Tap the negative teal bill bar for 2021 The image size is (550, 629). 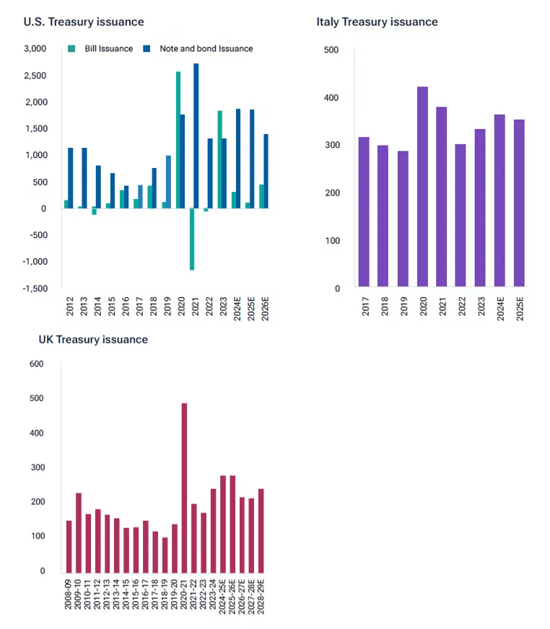click(192, 239)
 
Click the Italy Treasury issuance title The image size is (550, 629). click(377, 22)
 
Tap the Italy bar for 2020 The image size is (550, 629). click(422, 188)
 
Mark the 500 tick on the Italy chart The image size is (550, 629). click(331, 49)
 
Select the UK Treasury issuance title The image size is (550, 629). click(93, 339)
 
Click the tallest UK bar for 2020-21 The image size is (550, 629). click(184, 487)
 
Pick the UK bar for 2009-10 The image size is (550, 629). click(79, 532)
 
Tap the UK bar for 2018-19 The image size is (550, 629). click(165, 554)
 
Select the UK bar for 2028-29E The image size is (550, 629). click(261, 529)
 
